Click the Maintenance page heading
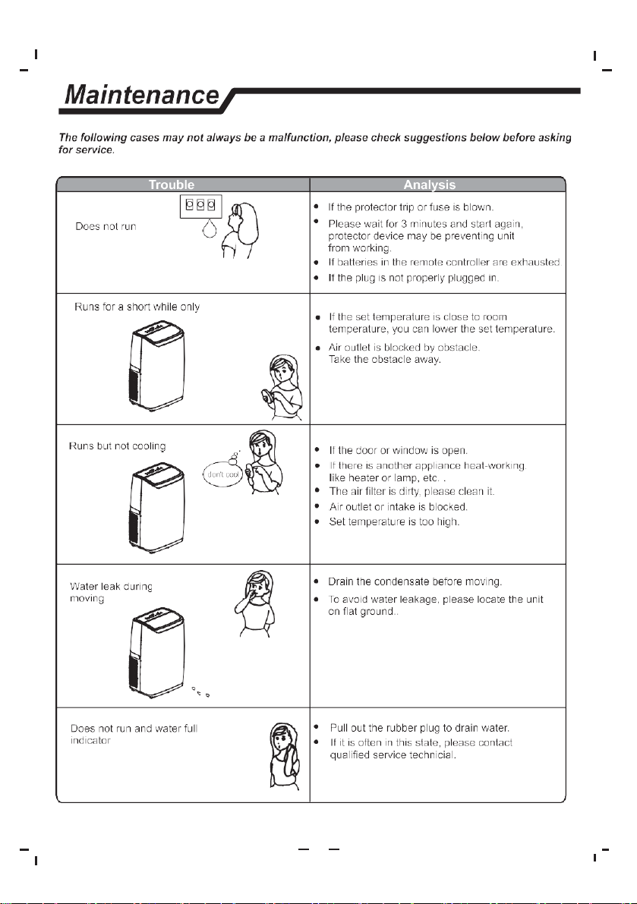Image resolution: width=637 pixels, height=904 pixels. tap(142, 95)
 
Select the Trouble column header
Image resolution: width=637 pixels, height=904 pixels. tap(172, 184)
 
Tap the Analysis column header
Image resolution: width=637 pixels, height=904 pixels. tap(430, 184)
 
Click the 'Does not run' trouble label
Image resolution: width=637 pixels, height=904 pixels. tap(106, 227)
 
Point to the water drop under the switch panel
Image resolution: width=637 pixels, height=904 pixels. tap(210, 229)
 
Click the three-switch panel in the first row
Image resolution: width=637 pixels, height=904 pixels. tap(200, 206)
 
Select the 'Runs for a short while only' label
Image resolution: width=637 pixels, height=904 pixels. tap(137, 307)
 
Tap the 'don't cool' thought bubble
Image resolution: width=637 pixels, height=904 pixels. tap(222, 474)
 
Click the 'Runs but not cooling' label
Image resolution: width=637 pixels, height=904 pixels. tap(117, 446)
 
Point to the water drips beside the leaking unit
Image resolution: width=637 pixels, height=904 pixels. tap(200, 691)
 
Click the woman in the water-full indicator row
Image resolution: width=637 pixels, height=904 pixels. tap(285, 756)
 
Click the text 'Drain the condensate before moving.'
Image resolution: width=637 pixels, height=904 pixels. tap(415, 581)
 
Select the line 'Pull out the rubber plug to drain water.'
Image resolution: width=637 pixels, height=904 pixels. tap(420, 728)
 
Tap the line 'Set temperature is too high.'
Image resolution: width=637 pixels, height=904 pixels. tap(394, 521)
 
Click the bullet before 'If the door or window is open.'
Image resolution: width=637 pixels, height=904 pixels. tap(317, 449)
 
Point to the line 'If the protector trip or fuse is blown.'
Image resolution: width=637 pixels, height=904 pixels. tap(411, 207)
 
